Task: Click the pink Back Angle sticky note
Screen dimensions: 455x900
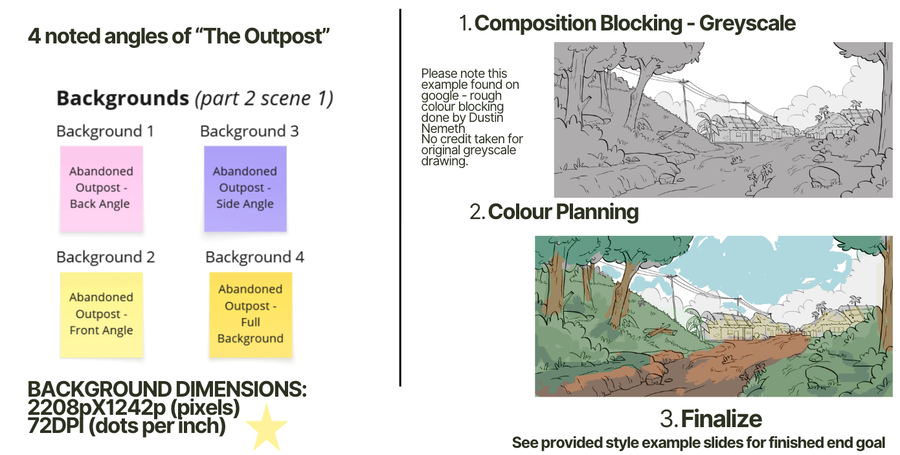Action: coord(101,188)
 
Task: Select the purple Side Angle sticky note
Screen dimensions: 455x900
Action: coord(245,188)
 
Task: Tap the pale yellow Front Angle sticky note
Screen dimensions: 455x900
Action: coord(101,314)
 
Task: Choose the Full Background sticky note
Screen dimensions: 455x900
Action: coord(251,314)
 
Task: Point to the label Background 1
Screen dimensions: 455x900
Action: coord(105,132)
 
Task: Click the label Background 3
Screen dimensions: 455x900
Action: coord(249,132)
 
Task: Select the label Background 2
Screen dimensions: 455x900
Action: coord(106,257)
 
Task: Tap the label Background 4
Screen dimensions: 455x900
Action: coord(254,257)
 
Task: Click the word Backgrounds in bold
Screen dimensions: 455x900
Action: coord(122,99)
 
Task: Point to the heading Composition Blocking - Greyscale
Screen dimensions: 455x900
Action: coord(635,24)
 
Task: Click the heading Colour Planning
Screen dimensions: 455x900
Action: coord(563,212)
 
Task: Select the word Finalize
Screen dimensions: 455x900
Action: coord(721,419)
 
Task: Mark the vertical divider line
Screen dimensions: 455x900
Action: coord(400,194)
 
